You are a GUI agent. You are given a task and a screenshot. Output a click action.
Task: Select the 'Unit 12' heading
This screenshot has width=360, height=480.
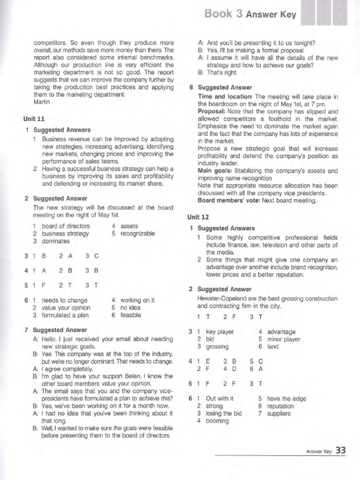click(198, 217)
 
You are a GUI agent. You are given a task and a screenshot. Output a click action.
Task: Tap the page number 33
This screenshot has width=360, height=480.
click(341, 450)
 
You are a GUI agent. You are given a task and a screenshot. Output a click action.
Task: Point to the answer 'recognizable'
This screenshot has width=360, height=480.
click(138, 233)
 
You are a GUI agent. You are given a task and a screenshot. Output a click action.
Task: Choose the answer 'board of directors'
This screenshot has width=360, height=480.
click(66, 226)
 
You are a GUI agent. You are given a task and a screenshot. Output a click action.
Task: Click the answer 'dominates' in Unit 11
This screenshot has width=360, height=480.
click(56, 241)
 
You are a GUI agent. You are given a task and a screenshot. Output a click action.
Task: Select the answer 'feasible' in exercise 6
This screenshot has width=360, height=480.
click(131, 315)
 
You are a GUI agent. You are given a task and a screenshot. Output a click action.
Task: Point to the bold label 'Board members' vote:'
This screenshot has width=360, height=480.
click(230, 201)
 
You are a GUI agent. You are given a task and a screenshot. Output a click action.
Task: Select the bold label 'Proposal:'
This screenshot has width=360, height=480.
click(213, 111)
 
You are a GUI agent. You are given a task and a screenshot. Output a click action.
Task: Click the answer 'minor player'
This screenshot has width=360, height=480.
click(284, 339)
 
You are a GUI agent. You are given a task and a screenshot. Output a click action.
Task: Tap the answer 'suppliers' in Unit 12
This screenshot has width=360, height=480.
click(278, 413)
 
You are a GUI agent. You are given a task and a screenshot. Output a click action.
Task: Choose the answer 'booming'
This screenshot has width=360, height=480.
click(217, 421)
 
